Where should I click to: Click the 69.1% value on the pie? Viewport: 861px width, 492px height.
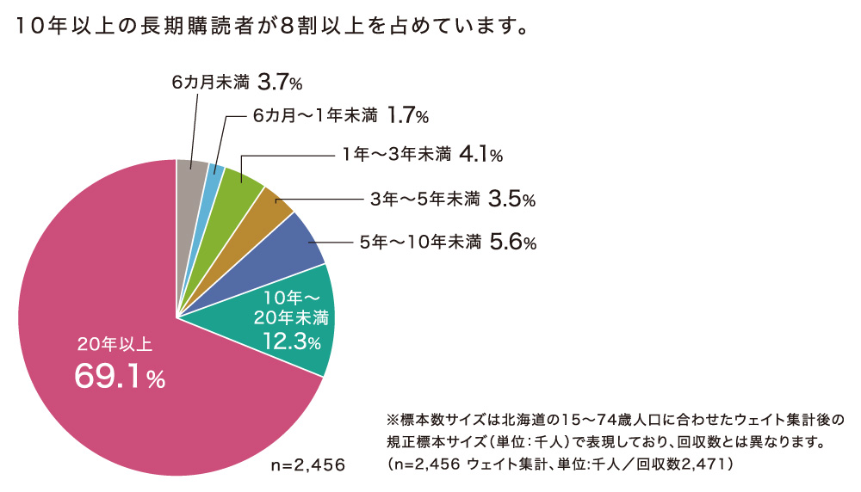(x=121, y=377)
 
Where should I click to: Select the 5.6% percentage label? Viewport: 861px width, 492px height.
(x=512, y=243)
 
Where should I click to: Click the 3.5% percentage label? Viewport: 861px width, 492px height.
(x=511, y=200)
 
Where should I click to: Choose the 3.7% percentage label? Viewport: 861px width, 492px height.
(x=280, y=83)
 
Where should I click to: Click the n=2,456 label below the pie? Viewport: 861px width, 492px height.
(x=307, y=465)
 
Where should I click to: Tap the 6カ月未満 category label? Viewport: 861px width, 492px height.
(x=210, y=83)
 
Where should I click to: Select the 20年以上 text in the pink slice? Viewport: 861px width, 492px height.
(x=115, y=344)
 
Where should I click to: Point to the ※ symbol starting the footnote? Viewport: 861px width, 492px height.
(x=395, y=421)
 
